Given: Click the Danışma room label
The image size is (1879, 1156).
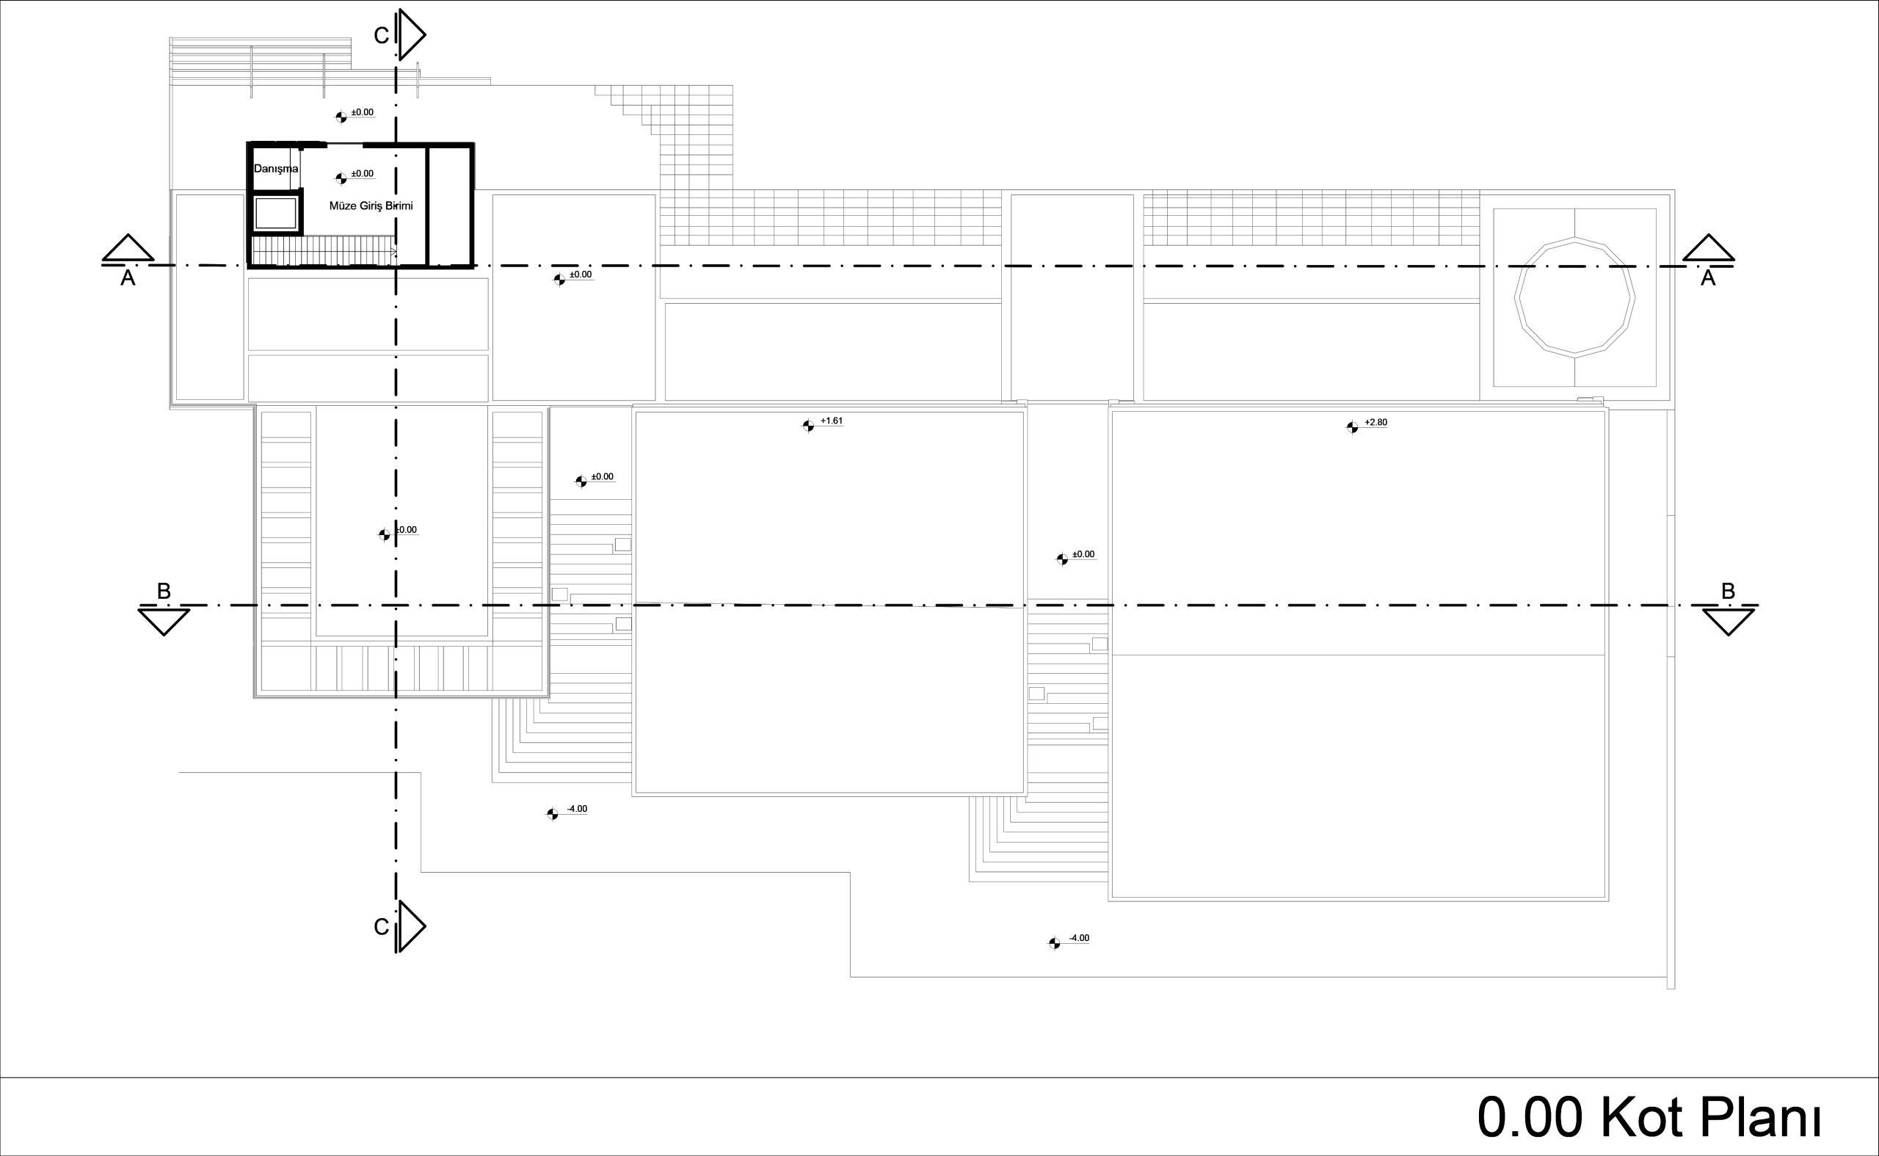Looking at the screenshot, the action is (276, 168).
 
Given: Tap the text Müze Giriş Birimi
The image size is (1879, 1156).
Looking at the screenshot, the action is (371, 206).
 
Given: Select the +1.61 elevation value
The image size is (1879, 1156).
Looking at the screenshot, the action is (831, 421).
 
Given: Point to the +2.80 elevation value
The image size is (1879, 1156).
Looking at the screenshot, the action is (1375, 422).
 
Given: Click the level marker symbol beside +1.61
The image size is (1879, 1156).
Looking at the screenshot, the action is (808, 426).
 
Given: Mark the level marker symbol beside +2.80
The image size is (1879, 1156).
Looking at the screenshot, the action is (1352, 427).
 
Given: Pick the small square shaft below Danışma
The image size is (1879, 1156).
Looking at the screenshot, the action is (275, 214).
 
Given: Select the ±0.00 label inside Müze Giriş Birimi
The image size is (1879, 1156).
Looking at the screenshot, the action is (363, 173).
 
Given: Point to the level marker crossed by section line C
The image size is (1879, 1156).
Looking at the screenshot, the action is (385, 535).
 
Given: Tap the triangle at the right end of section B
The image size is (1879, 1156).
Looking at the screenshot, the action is (1729, 622).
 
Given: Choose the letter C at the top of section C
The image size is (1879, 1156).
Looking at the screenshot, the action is (382, 36).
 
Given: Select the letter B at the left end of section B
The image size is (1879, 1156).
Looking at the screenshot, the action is (164, 591).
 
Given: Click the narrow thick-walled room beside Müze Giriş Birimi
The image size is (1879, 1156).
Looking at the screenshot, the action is (448, 205).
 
